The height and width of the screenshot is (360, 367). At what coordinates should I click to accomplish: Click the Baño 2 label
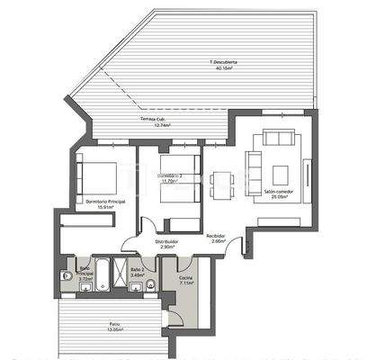pyautogui.click(x=136, y=270)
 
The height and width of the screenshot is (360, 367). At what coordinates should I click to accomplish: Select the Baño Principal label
pyautogui.click(x=85, y=271)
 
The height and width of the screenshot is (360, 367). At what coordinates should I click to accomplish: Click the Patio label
pyautogui.click(x=114, y=325)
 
